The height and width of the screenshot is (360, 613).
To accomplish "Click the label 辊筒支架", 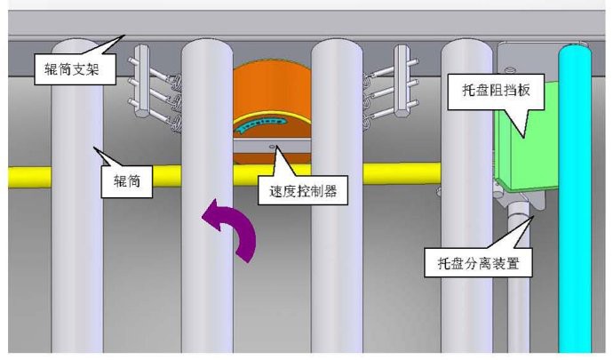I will point(71,68).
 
